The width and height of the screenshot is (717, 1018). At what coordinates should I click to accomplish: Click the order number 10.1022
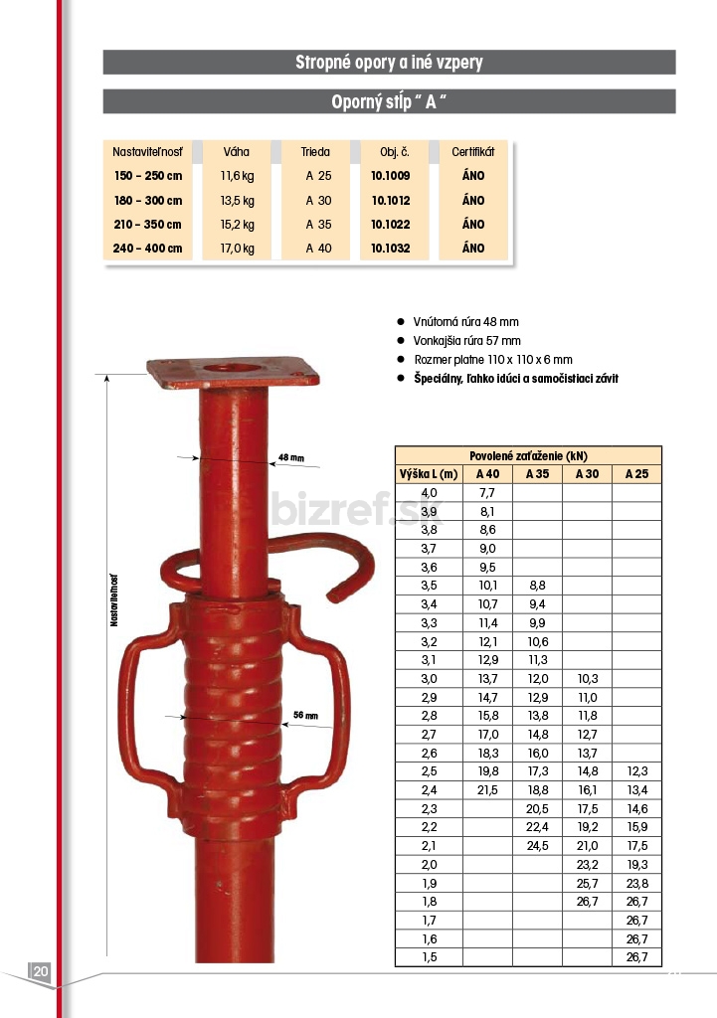coord(391,224)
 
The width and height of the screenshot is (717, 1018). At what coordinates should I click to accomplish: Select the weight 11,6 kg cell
coord(237,176)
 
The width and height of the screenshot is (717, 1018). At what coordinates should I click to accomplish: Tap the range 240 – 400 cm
coord(147,248)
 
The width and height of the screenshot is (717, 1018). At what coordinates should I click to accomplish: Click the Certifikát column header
coord(472,152)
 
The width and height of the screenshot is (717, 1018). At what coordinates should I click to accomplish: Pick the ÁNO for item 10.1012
coord(473,201)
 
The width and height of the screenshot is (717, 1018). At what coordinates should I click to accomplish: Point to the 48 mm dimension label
coord(291,457)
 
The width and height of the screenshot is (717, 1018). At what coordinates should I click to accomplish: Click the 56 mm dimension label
coord(306,715)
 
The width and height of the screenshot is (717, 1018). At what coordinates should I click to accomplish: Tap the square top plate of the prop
coord(233,372)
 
